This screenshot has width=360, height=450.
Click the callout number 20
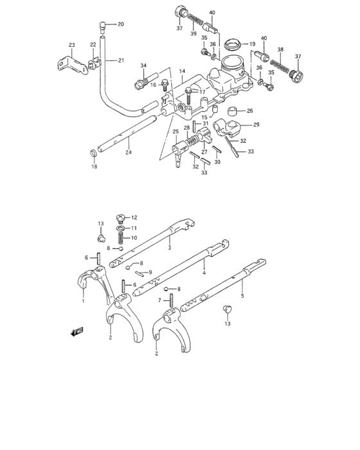click(121, 24)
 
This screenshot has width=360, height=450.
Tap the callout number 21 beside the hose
click(121, 60)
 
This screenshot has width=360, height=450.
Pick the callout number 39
click(193, 33)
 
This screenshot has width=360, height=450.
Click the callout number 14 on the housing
click(182, 71)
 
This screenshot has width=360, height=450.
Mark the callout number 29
click(256, 125)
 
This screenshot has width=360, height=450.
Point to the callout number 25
click(175, 132)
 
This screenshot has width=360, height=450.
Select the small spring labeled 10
click(119, 238)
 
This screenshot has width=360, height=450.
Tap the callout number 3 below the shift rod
click(168, 247)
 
